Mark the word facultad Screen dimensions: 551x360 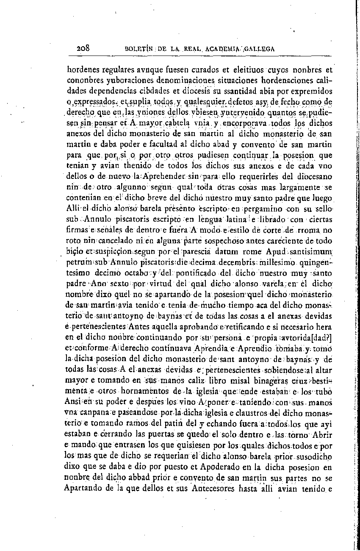click(x=171, y=146)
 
